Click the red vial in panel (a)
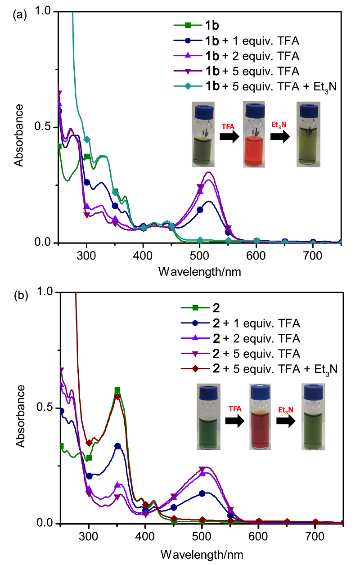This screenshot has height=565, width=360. pos(255,135)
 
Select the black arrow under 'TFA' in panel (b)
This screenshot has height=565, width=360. pos(235,422)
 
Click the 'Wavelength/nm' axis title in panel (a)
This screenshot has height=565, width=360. pos(199,272)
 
